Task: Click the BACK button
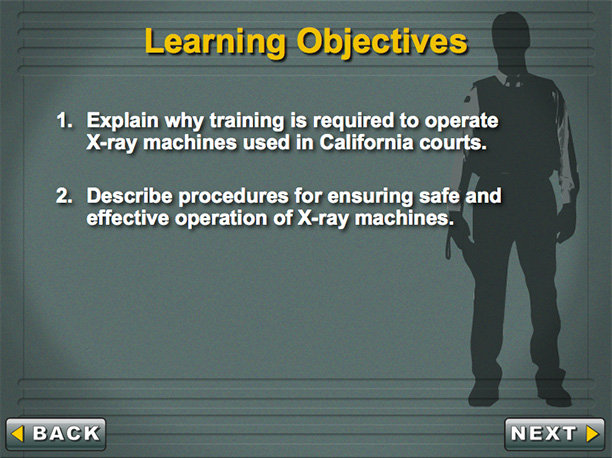(56, 434)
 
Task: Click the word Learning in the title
(215, 42)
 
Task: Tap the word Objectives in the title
(382, 42)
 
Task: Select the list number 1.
(64, 120)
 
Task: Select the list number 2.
(64, 196)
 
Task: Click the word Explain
(123, 121)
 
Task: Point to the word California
(366, 142)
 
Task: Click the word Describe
(130, 196)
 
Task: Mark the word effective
(127, 217)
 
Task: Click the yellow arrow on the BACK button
(18, 434)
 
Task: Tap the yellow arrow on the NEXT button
(592, 433)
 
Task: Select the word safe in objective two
(439, 196)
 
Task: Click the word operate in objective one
(461, 121)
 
